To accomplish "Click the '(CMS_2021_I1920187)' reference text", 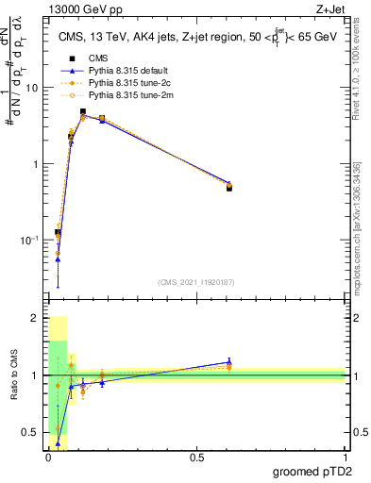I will (196, 282).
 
